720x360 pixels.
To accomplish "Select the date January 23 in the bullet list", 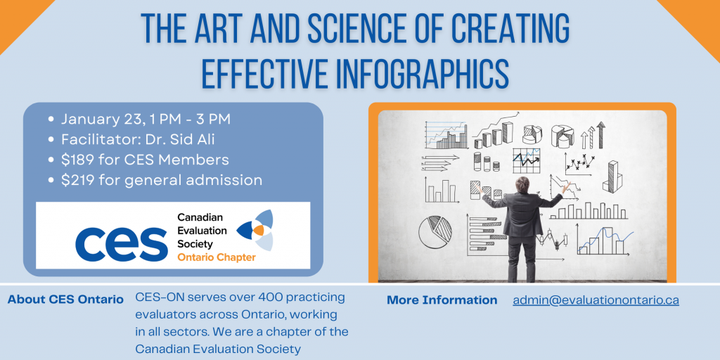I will click(x=97, y=119).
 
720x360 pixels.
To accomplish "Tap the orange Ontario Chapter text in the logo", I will click(x=217, y=257).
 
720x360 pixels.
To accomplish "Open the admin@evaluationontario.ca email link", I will click(x=596, y=300).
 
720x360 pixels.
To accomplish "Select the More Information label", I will click(x=442, y=300).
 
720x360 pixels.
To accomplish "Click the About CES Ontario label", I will click(x=65, y=300).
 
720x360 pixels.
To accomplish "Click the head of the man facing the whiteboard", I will click(x=522, y=184).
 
